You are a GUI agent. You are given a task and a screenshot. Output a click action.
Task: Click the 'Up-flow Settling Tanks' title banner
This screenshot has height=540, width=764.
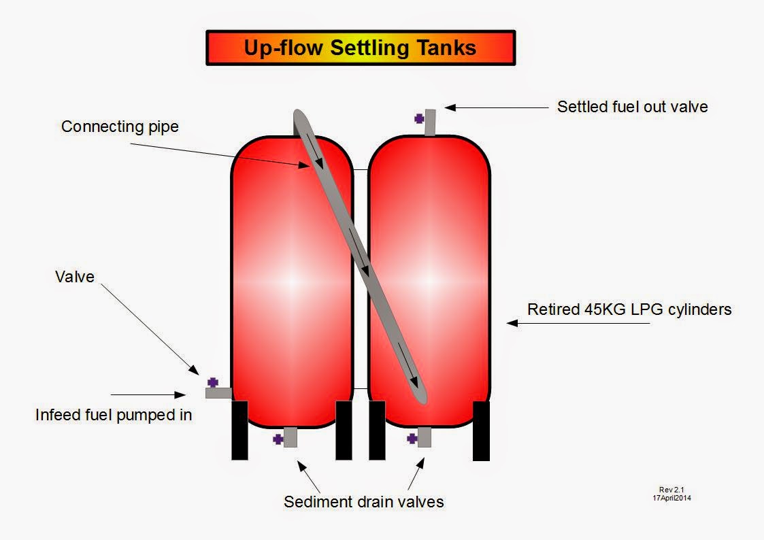click(361, 48)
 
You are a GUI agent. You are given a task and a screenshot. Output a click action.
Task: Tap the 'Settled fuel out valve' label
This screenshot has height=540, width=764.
click(632, 107)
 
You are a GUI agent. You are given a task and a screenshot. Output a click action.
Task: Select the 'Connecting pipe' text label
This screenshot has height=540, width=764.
click(120, 126)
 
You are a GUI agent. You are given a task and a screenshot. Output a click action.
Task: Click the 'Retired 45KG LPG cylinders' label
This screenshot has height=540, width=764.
click(629, 309)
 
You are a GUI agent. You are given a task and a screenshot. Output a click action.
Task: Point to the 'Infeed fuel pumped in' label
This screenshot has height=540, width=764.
click(114, 414)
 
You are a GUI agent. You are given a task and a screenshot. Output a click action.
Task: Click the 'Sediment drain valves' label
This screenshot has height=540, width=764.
click(363, 502)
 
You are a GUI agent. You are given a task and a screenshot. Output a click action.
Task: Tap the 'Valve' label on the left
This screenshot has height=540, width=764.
click(74, 277)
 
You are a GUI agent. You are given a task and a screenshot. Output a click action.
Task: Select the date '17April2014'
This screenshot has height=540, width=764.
click(672, 498)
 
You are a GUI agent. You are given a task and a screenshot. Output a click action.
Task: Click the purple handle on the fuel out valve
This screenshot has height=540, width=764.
click(419, 118)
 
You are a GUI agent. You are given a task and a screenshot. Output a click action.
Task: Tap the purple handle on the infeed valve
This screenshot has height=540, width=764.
click(213, 382)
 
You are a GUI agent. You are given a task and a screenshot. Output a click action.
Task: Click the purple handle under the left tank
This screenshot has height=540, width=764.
click(278, 439)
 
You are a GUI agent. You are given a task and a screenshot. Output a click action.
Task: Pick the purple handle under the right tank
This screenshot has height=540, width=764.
click(412, 439)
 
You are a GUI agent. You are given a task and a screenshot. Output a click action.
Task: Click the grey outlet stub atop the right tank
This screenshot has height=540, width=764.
click(429, 122)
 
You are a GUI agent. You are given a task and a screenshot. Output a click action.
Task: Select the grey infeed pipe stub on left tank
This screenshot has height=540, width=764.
click(218, 393)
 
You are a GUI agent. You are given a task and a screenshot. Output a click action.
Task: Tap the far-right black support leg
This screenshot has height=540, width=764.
click(481, 431)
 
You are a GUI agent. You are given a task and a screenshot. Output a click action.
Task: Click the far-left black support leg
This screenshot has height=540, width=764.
click(239, 430)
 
